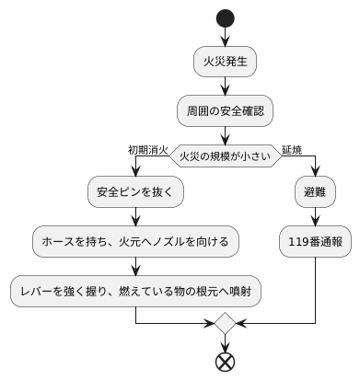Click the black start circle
pos(225,17)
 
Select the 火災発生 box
pos(225,63)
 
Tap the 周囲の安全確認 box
pos(225,110)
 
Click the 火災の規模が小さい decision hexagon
pos(225,156)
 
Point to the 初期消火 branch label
pos(148,149)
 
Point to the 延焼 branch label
pos(292,149)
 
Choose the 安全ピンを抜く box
pos(135,194)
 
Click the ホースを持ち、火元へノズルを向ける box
pos(135,242)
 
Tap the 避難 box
pos(315,194)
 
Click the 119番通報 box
pos(315,242)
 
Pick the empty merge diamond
pos(225,324)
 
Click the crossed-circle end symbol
pos(225,362)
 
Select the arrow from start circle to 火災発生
pos(225,38)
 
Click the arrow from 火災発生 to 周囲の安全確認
pos(225,86)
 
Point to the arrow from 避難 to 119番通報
pos(315,218)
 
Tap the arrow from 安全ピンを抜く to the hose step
pos(135,218)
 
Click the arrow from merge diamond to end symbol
pos(225,342)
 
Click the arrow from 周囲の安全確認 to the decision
pos(225,134)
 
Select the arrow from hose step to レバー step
pos(135,266)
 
